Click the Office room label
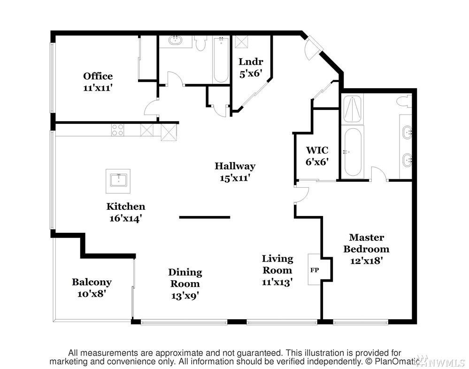coord(98,76)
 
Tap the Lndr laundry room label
coord(251,61)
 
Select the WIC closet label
coord(317,150)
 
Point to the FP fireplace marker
coord(315,270)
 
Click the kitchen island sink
coord(118,181)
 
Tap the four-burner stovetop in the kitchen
coord(117,130)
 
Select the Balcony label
coord(92,282)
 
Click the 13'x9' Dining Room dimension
coord(185,296)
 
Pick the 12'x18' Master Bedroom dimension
coord(366,261)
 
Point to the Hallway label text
coord(235,166)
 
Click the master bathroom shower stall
coord(352,109)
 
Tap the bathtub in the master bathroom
coord(353,152)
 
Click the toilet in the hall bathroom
coord(200,43)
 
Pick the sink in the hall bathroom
coord(176,41)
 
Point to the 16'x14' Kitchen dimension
coord(125,219)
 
